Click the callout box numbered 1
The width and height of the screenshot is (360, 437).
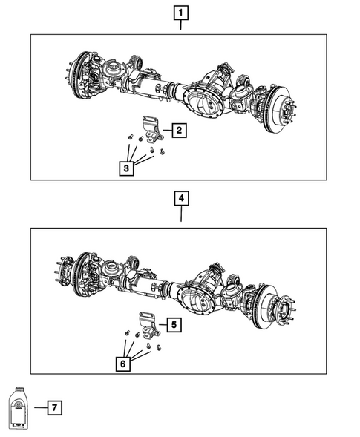181,12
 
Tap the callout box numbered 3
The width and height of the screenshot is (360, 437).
128,169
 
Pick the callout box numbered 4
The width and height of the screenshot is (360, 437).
181,199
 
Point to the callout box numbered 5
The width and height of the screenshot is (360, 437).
172,324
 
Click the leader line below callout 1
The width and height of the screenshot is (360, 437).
181,27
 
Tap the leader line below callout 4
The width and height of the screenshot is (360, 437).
181,215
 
